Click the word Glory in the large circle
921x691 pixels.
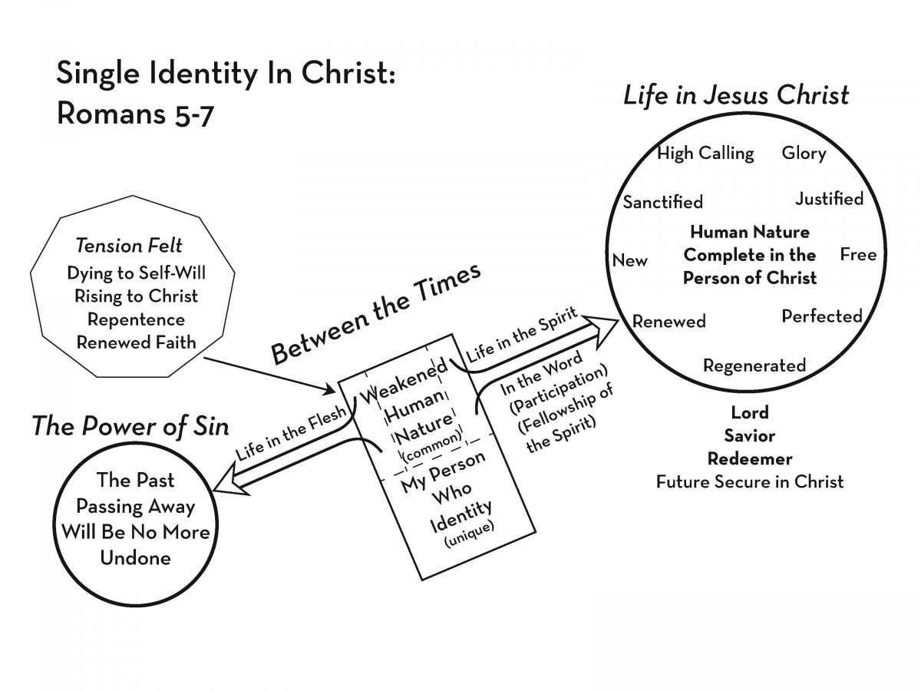pyautogui.click(x=804, y=153)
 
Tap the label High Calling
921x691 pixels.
pyautogui.click(x=705, y=154)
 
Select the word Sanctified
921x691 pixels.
pyautogui.click(x=663, y=202)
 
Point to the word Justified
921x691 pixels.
pyautogui.click(x=829, y=199)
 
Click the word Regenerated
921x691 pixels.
pyautogui.click(x=754, y=365)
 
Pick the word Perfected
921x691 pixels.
pyautogui.click(x=822, y=316)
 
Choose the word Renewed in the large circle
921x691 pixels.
pyautogui.click(x=668, y=322)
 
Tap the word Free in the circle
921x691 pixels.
pyautogui.click(x=858, y=254)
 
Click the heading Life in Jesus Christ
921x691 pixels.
pyautogui.click(x=736, y=95)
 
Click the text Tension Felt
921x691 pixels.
pyautogui.click(x=129, y=246)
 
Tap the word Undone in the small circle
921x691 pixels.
pyautogui.click(x=135, y=557)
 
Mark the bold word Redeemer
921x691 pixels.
pyautogui.click(x=750, y=458)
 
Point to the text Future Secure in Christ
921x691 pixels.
pyautogui.click(x=750, y=481)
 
